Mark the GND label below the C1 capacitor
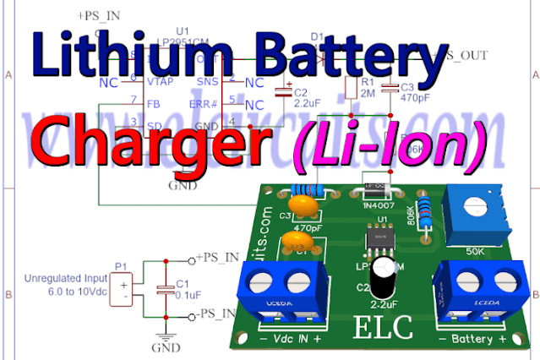click(x=161, y=347)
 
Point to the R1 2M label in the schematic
click(x=368, y=89)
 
